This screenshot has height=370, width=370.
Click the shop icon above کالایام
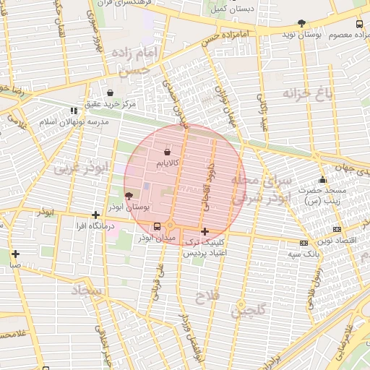[x=168, y=152]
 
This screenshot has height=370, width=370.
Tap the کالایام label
[x=168, y=164]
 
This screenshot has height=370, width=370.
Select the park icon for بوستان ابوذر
[x=129, y=196]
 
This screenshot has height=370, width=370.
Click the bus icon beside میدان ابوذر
[x=158, y=227]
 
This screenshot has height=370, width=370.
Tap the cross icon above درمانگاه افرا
[x=95, y=215]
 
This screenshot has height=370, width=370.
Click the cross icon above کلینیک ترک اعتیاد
[x=205, y=232]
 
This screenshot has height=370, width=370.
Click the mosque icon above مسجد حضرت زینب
[x=322, y=180]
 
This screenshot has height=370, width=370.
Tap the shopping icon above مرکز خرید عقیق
[x=110, y=93]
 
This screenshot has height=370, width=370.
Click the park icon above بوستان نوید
[x=301, y=23]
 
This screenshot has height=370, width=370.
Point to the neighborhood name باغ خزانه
[x=301, y=93]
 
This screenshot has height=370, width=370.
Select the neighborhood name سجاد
[x=89, y=291]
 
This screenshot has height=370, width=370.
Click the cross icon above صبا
[x=15, y=254]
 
